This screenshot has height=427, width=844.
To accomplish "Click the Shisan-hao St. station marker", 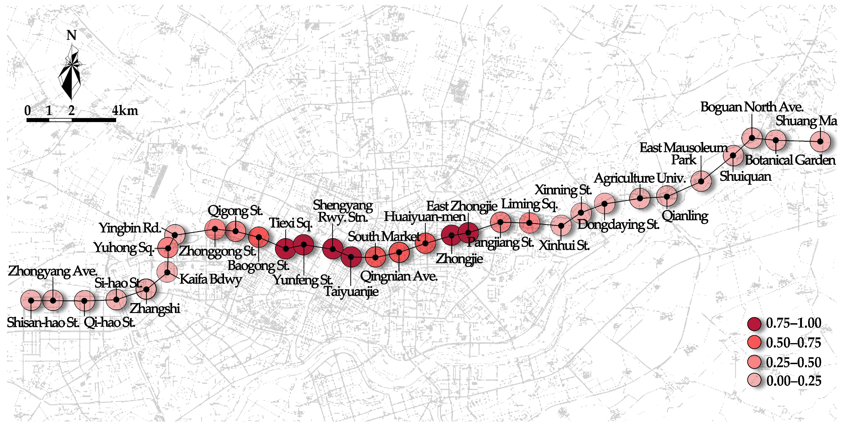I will (x=31, y=300).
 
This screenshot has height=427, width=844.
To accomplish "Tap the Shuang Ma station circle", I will (x=820, y=141).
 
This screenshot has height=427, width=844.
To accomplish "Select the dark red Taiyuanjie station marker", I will (x=351, y=257).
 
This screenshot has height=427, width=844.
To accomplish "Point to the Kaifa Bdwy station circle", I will (x=167, y=272).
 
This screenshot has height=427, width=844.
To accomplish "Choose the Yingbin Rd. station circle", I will (x=175, y=235).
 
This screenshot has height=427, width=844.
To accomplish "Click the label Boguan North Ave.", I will (x=752, y=107).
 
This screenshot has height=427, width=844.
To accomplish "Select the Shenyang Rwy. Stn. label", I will (x=343, y=211).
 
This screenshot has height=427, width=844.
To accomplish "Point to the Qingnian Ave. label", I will (x=399, y=276).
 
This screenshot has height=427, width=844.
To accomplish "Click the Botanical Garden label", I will (x=790, y=160).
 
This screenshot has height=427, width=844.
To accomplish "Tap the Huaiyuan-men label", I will (x=425, y=217).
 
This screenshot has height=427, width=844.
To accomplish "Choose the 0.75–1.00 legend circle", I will (x=754, y=324).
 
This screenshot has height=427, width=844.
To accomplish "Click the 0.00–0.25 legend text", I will (x=793, y=381).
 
